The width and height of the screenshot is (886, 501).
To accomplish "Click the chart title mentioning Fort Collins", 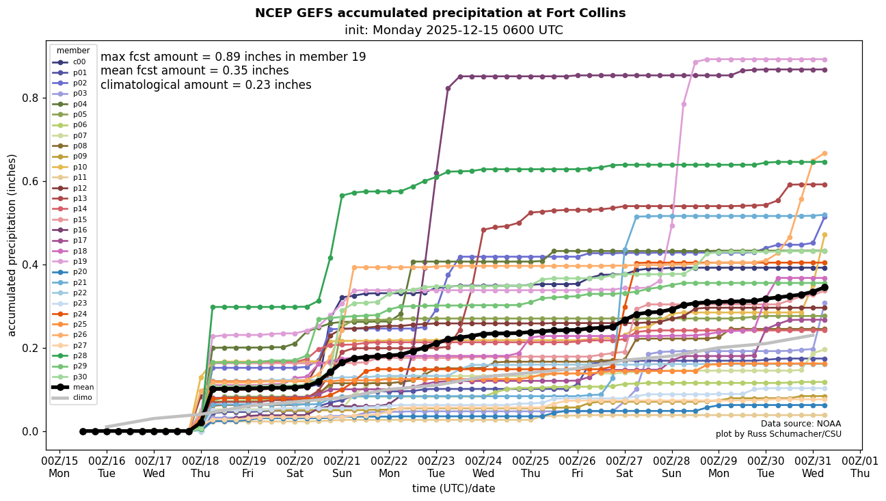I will [440, 13].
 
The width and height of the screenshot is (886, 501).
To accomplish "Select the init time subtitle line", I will [454, 30].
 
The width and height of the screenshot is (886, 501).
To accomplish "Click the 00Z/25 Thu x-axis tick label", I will [531, 467].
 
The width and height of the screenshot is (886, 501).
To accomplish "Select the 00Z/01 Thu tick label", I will [860, 467].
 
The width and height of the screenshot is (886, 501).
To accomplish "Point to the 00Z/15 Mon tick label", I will [59, 467].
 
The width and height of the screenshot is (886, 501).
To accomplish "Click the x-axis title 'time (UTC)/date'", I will [453, 489].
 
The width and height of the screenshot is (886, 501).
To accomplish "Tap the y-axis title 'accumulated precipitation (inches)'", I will [12, 245].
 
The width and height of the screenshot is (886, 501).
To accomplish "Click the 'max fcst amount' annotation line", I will [233, 57].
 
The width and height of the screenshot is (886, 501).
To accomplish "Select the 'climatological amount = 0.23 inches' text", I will [206, 85].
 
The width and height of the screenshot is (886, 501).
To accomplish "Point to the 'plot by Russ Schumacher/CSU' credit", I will [779, 434].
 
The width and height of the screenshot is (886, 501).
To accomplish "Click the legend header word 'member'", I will [73, 51].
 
